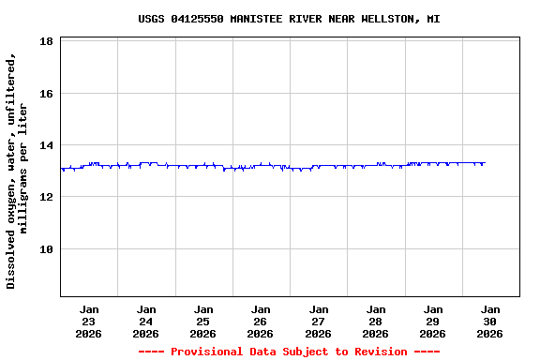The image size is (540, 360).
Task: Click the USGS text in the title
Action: click(x=151, y=19)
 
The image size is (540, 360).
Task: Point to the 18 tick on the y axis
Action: click(x=46, y=41)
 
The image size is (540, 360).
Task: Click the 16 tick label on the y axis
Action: click(x=46, y=94)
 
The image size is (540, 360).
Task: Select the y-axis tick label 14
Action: click(x=46, y=145)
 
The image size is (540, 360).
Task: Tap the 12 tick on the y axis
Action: click(x=46, y=197)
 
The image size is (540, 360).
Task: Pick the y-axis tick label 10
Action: click(x=46, y=249)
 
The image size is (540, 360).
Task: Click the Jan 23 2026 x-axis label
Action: click(x=89, y=321)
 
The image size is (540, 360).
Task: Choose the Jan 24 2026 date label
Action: click(x=146, y=321)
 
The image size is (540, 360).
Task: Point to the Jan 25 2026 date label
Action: click(x=203, y=321)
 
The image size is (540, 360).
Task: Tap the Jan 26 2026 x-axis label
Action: click(x=261, y=321)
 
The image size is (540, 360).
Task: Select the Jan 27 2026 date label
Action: click(x=319, y=321)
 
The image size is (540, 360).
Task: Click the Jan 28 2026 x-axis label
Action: click(x=376, y=321)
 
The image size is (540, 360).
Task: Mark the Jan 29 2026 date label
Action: click(x=433, y=321)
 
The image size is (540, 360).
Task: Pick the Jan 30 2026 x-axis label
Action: click(x=490, y=321)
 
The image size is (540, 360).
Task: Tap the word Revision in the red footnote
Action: click(x=376, y=352)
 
